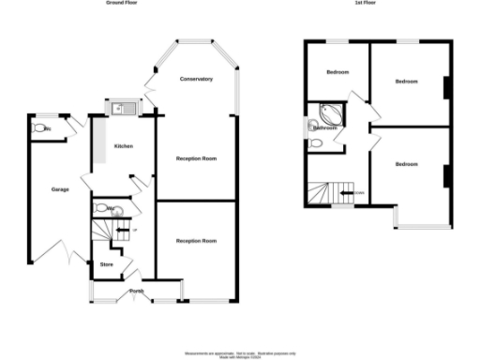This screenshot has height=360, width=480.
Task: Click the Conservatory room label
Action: point(196,79)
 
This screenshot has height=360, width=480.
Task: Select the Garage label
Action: point(60,189)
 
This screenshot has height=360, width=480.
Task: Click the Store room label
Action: point(106,265)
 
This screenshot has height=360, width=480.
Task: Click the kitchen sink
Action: point(121,110)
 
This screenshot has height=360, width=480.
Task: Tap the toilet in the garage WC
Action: point(39,127)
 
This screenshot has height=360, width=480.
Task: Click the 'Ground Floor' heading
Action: point(117,4)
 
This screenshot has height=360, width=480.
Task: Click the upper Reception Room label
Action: point(196,158)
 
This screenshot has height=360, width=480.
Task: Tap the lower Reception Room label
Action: point(196,241)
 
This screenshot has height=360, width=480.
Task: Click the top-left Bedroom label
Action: point(337,72)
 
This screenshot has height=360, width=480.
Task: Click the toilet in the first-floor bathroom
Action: point(315,143)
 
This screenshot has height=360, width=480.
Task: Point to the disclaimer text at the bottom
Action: point(239,353)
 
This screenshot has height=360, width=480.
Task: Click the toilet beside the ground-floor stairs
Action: point(100,208)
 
